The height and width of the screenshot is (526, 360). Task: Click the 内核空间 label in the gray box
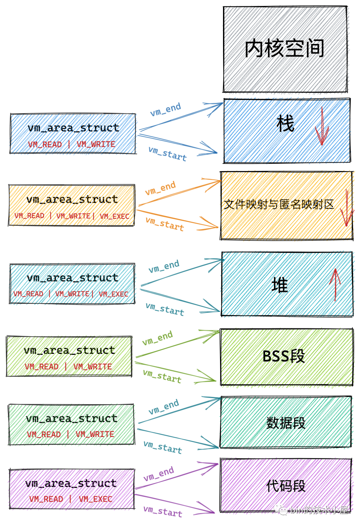pos(284,49)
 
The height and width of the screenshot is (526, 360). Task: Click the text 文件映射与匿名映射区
pos(279,204)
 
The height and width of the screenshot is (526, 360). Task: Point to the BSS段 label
pos(284,356)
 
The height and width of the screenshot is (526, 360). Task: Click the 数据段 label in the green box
pos(286,423)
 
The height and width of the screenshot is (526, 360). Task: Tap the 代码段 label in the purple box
pos(286,486)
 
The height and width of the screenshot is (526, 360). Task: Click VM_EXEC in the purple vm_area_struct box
pos(95,499)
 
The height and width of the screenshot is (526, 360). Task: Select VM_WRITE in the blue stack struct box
pos(96,144)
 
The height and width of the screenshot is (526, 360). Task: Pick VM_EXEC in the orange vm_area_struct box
pos(114,216)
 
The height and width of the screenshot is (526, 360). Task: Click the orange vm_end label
pos(160,188)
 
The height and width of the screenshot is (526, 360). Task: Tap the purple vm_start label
pos(163,511)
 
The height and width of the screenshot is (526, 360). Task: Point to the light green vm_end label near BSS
pos(158,338)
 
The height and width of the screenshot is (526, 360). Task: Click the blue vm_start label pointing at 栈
pos(168,154)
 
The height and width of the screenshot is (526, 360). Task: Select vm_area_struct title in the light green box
pos(69,350)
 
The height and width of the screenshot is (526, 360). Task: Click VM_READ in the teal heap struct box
pos(28,294)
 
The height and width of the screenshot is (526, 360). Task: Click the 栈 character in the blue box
pos(285,123)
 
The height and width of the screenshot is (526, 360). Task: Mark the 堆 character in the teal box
pos(280,286)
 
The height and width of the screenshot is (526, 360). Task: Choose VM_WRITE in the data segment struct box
pos(95,434)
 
